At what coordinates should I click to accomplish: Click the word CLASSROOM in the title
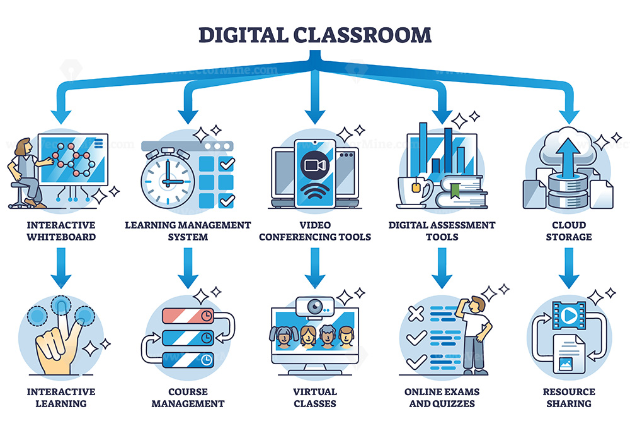click(362, 35)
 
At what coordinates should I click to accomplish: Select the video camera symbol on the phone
click(315, 165)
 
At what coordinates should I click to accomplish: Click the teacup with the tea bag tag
click(415, 192)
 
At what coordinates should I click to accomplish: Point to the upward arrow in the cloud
click(568, 157)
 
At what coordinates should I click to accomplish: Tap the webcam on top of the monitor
click(315, 307)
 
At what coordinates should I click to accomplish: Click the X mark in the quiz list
click(416, 314)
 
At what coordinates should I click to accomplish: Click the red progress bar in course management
click(188, 316)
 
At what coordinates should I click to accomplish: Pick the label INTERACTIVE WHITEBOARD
click(61, 231)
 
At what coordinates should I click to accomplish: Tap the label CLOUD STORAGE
click(569, 231)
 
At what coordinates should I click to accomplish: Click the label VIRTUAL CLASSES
click(315, 398)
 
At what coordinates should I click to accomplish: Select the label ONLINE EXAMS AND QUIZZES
click(442, 398)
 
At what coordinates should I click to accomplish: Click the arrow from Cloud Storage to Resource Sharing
click(569, 268)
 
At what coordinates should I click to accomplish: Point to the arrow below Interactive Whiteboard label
click(61, 268)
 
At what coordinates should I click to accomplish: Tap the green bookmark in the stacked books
click(455, 191)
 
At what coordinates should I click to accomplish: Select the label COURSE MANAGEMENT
click(188, 398)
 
